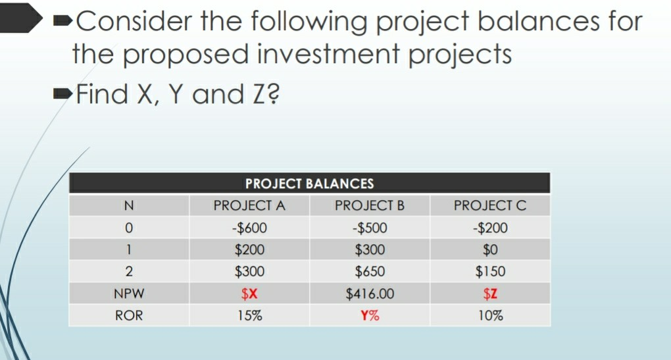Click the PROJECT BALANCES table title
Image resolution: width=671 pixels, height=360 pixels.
tap(309, 184)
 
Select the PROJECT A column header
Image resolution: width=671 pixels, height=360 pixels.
tap(249, 205)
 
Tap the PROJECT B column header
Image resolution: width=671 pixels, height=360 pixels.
tap(369, 205)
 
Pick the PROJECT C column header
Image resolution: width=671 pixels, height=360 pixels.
tap(490, 205)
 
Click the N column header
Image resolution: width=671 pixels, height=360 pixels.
tap(130, 205)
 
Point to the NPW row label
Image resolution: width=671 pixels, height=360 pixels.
tap(130, 293)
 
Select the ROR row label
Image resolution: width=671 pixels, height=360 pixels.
tap(130, 315)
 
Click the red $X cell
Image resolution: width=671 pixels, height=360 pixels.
tap(249, 293)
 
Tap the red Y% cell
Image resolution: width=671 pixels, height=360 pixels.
tap(369, 315)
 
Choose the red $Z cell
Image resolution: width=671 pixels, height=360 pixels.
tap(490, 293)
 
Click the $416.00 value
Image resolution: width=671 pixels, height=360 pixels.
tap(369, 293)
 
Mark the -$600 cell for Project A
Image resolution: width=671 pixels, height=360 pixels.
tap(249, 228)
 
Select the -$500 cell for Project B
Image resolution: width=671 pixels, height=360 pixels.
tap(369, 228)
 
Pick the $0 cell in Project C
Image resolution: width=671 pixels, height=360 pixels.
tap(490, 249)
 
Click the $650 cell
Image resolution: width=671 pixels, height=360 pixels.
tap(369, 271)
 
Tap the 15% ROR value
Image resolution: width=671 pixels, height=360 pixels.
tap(249, 315)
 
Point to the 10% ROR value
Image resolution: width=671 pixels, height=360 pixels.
tap(490, 315)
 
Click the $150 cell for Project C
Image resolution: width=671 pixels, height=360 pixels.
tap(490, 271)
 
